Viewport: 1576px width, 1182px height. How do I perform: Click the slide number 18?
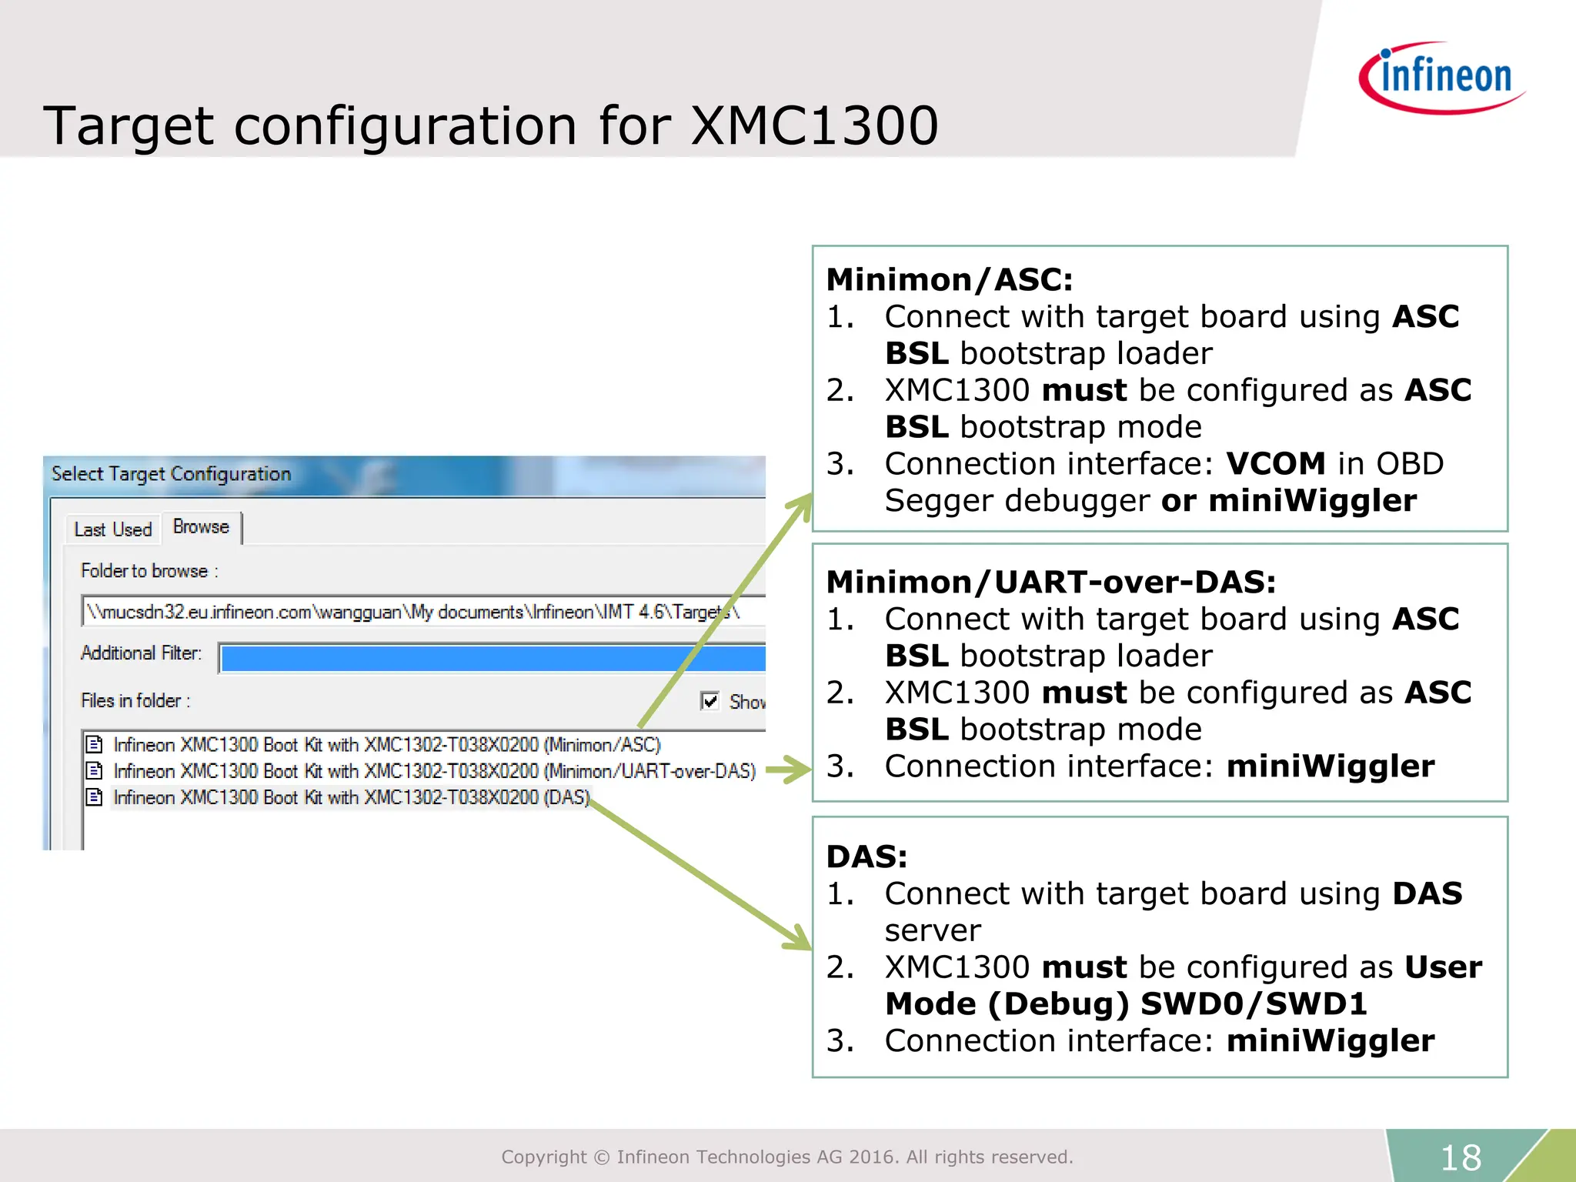tap(1460, 1157)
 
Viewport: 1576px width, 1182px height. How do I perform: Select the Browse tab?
tap(201, 527)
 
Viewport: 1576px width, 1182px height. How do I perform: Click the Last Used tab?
tap(113, 529)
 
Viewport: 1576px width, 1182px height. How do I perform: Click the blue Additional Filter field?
tap(492, 659)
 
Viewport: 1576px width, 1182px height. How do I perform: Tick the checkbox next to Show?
tap(710, 701)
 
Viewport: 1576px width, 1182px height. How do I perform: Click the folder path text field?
tap(416, 612)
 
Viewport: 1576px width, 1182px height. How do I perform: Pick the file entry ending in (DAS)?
tap(351, 797)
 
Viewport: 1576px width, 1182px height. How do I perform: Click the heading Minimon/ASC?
tap(949, 280)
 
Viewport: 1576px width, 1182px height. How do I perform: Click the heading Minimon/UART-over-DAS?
tap(1050, 583)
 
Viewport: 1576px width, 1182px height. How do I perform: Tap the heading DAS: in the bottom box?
tap(866, 857)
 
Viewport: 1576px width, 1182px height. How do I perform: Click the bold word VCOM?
tap(1275, 464)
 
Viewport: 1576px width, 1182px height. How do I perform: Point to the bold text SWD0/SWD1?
tap(1254, 1004)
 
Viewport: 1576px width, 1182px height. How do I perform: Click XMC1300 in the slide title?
tap(814, 125)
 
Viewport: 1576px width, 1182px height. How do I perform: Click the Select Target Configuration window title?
tap(171, 474)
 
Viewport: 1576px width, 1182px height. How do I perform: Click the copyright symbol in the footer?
tap(602, 1157)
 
